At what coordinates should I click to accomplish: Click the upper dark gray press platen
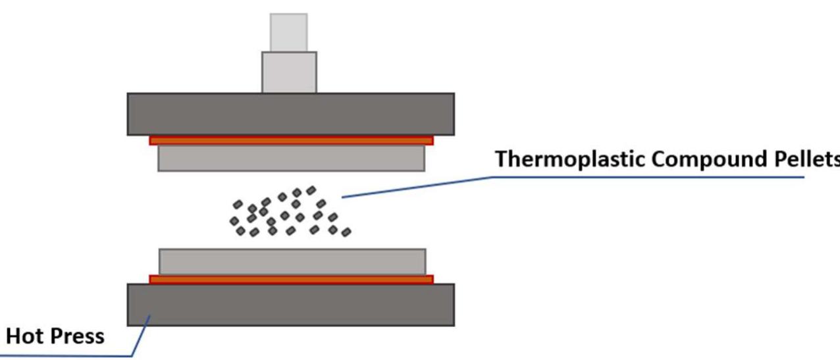(290, 114)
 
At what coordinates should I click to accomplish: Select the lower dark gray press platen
(290, 305)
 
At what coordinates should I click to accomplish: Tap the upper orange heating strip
(290, 140)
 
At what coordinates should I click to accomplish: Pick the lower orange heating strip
(290, 279)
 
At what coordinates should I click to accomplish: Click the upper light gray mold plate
(290, 158)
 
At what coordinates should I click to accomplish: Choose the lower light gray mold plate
(290, 262)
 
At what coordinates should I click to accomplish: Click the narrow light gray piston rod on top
(288, 32)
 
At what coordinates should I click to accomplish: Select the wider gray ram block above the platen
(289, 72)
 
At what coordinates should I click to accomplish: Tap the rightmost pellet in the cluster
(346, 232)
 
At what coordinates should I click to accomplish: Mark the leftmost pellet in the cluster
(233, 222)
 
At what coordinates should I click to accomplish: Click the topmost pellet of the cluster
(311, 190)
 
